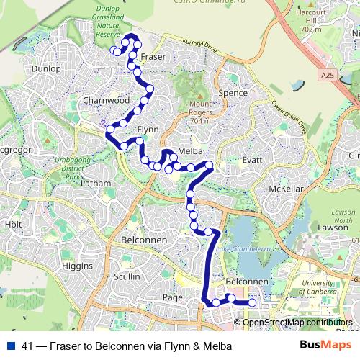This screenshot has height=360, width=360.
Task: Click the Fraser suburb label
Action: click(x=154, y=56)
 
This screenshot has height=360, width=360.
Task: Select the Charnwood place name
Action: click(x=106, y=100)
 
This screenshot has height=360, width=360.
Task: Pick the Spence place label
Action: click(x=232, y=94)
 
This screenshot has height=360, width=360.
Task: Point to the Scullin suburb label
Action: click(x=126, y=276)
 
